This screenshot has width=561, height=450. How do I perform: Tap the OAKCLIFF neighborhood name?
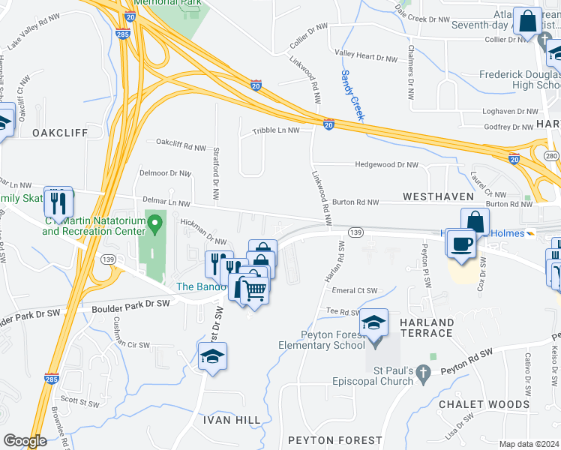pos(60,133)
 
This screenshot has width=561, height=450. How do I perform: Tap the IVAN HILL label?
pos(232,420)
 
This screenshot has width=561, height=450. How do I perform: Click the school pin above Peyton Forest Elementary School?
pos(373,323)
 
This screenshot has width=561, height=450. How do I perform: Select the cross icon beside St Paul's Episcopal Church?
pos(423,373)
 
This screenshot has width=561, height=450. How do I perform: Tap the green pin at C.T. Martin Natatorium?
pos(155,223)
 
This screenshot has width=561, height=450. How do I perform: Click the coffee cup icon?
pos(461,243)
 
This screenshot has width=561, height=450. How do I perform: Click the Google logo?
pos(25,442)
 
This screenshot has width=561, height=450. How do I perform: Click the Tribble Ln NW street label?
pos(276,130)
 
